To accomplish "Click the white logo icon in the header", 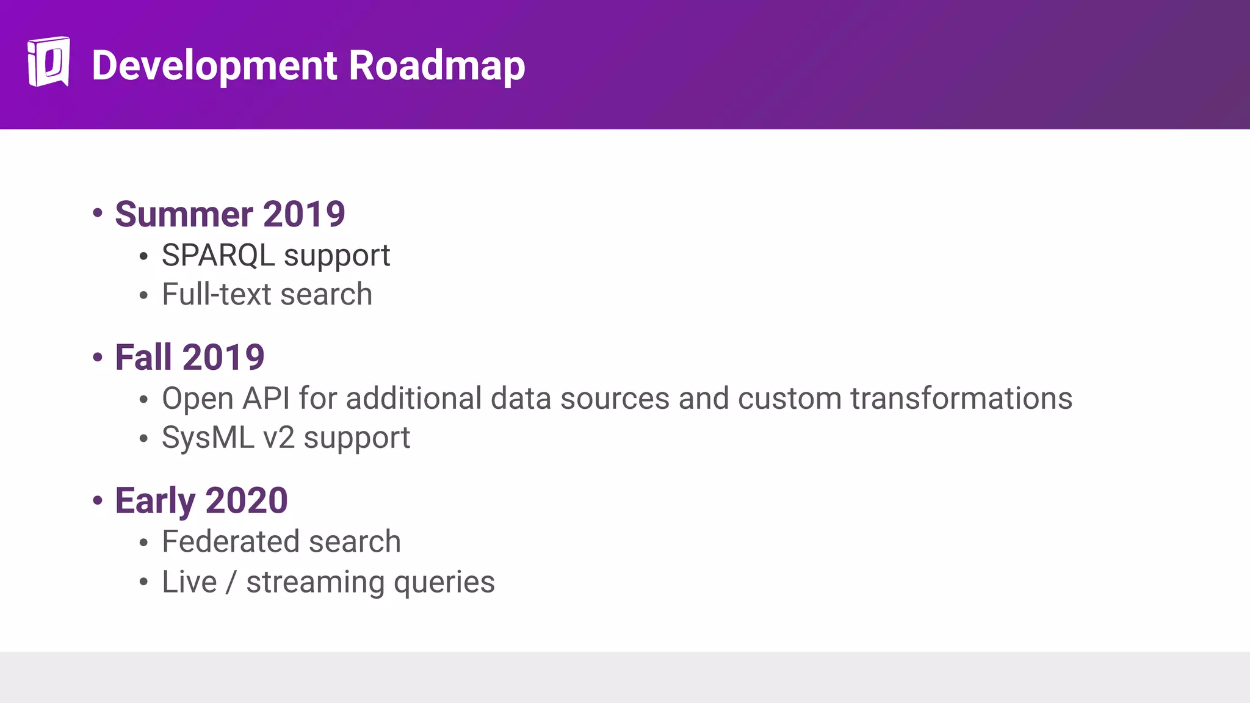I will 48,62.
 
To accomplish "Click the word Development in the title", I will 214,65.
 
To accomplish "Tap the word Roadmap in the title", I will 436,65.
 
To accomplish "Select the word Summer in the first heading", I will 184,214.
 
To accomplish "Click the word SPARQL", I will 218,255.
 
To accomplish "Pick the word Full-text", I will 216,294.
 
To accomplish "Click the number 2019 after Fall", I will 223,358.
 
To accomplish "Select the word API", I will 266,398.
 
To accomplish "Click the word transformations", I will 961,398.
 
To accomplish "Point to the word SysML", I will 208,438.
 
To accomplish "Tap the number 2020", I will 247,501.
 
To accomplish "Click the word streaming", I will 316,582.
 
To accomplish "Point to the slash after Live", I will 231,582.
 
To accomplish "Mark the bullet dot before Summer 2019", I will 98,213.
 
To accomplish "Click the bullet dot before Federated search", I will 143,543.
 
